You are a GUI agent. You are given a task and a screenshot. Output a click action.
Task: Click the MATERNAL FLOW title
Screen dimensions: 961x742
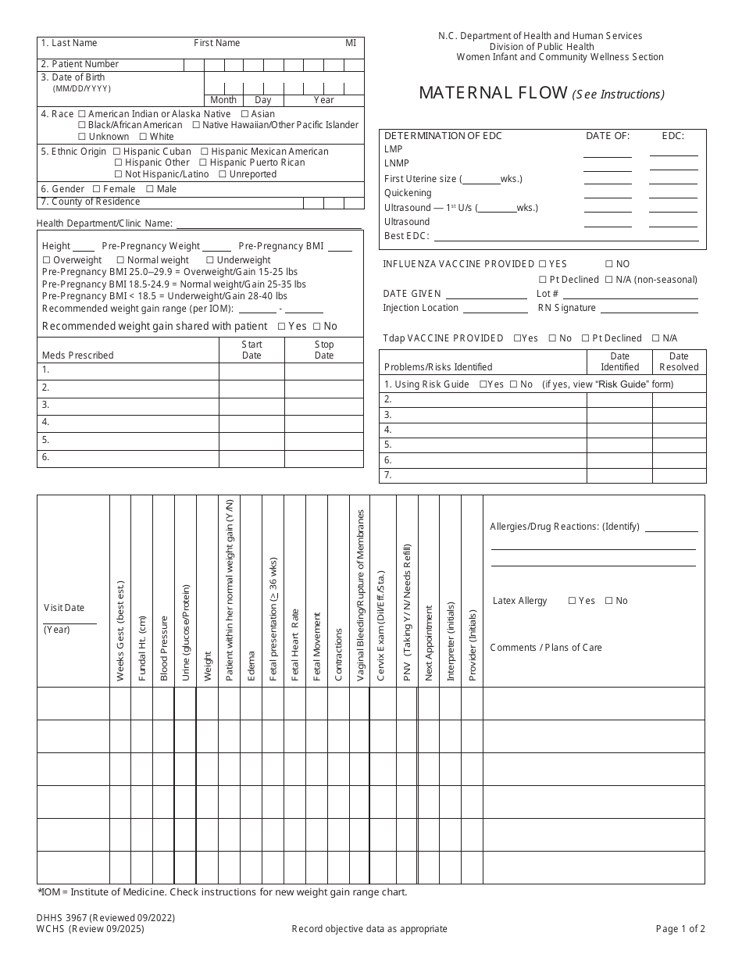493,93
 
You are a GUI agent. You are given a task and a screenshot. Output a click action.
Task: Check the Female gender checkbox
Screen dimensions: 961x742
96,189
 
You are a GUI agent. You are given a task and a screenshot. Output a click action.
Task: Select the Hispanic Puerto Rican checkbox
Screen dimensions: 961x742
202,163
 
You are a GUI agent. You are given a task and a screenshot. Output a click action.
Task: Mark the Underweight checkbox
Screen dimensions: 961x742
209,260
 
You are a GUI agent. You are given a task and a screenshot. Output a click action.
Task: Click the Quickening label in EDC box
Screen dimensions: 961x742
408,193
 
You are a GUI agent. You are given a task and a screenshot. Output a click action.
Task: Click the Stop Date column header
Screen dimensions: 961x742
324,350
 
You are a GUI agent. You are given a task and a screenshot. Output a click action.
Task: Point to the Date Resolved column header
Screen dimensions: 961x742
679,362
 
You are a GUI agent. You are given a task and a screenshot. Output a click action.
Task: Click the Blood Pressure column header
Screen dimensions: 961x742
164,648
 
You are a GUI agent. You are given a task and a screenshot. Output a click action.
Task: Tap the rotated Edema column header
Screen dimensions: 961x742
251,666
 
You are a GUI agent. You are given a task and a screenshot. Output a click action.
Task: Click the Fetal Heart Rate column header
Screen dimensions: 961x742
295,645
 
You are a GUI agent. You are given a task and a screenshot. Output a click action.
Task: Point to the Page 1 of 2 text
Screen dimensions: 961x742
680,929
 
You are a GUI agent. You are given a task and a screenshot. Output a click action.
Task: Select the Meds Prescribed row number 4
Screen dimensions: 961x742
46,422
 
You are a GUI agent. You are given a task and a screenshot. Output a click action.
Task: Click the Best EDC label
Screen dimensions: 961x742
406,236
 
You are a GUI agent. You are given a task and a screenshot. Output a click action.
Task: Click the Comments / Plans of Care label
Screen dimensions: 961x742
545,648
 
